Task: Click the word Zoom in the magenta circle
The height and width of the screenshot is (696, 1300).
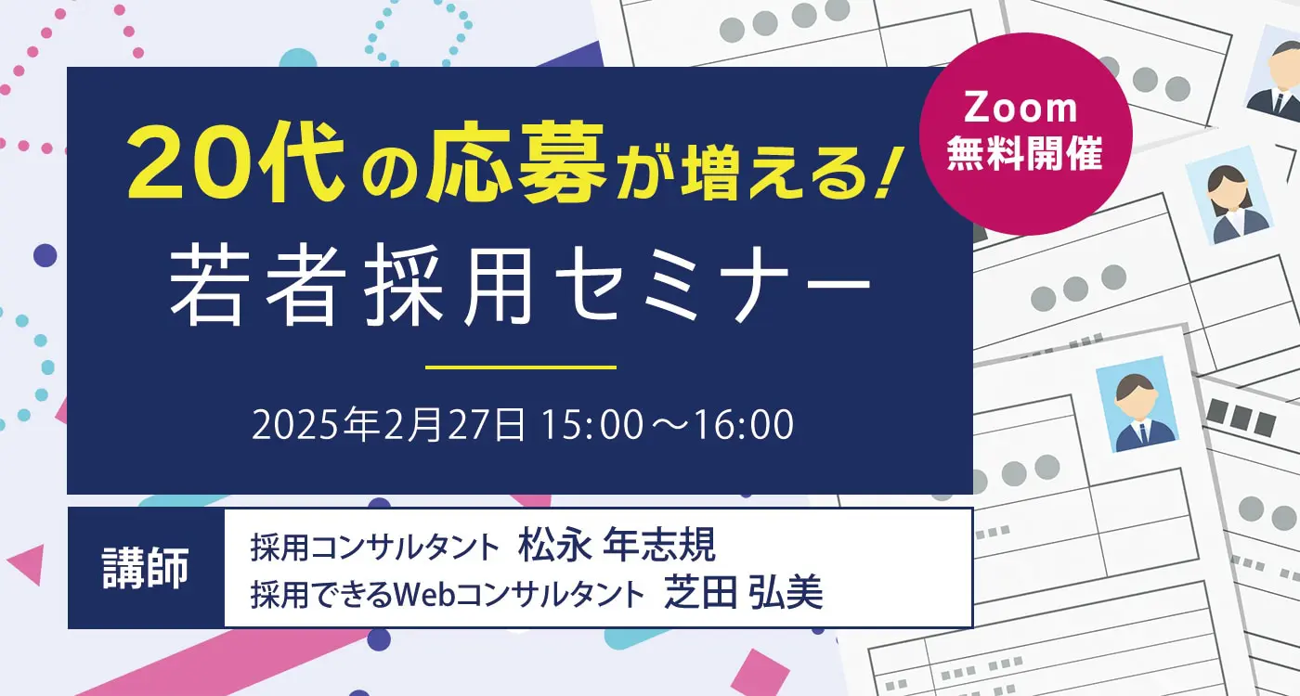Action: (1020, 108)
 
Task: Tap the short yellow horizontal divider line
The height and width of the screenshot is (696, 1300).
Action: (521, 367)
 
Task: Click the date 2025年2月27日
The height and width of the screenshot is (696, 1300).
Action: (388, 425)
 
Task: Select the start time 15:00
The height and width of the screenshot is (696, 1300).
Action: (592, 425)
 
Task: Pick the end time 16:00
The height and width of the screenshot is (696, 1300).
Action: (744, 425)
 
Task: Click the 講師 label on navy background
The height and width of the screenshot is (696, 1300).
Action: (145, 568)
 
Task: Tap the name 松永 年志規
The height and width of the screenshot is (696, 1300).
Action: (617, 546)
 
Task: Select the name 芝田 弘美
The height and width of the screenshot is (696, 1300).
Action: (744, 593)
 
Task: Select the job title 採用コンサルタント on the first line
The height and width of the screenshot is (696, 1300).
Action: (375, 547)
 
